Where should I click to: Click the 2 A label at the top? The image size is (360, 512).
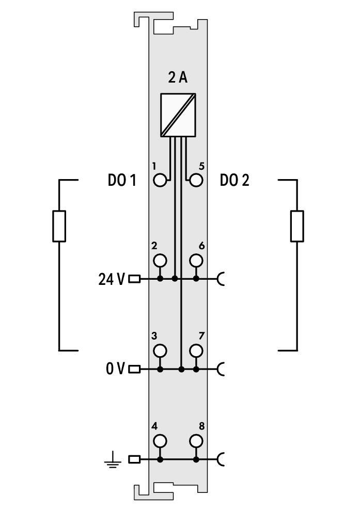coord(178,78)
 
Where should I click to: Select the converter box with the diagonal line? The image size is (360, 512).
coord(178,115)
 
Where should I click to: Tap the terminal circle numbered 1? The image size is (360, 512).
coord(161,180)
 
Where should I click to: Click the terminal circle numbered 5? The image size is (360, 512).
coord(196,180)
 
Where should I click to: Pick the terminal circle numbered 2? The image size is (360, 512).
coord(161,260)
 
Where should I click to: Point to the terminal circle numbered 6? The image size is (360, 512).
coord(196,260)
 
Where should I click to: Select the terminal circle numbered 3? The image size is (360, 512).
coord(161,350)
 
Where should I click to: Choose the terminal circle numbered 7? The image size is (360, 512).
coord(196,350)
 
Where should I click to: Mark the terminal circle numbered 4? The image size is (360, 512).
coord(161,441)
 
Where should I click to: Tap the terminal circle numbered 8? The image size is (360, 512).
coord(196,441)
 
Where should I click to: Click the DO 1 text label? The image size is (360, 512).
coord(122,181)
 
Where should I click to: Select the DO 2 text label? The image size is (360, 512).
coord(234,181)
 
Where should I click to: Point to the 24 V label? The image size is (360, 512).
coord(111,279)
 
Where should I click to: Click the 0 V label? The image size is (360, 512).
coord(115,369)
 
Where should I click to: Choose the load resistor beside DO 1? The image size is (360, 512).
coord(59,226)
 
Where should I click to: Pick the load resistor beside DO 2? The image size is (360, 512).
coord(297,226)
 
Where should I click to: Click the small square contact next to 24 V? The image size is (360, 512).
coord(134,279)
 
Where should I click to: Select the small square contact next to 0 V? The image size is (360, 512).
coord(134,369)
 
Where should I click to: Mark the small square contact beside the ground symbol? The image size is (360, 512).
coord(134,459)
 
